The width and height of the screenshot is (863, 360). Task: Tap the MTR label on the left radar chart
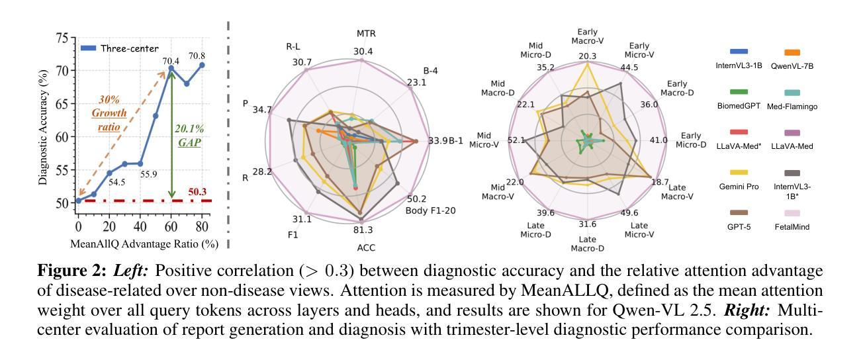[x=362, y=32]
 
